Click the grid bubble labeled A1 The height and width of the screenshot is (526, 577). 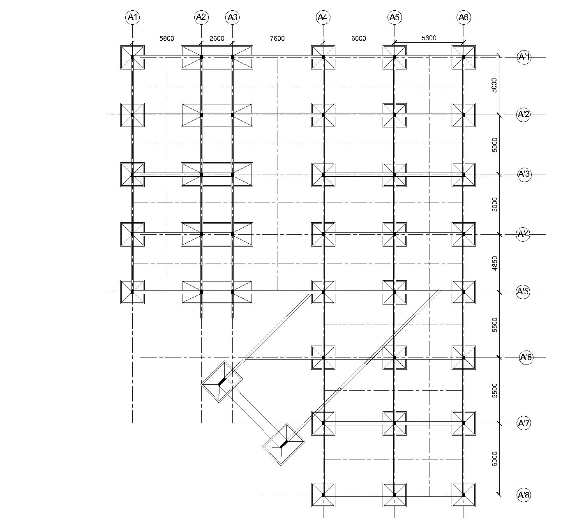pos(133,17)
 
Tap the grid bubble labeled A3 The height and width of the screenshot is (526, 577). pos(232,17)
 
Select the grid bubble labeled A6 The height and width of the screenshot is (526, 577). pos(463,17)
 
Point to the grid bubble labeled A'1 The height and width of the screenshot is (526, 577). pos(524,57)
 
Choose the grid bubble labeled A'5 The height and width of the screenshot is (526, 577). pos(523,292)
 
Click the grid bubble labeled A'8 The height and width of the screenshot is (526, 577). pos(523,495)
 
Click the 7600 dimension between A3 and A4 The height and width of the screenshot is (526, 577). pos(277,39)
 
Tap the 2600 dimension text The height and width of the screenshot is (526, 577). pos(217,39)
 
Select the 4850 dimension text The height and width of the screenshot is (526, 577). pos(494,263)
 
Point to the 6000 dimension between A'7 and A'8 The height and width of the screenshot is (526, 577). pos(494,459)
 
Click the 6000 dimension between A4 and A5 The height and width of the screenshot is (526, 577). pos(358,39)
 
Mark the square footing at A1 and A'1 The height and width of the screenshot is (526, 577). pos(132,57)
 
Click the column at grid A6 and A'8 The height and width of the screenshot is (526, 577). pos(464,495)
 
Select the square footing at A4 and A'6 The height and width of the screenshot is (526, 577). pos(323,358)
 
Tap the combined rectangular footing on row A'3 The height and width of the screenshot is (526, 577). pos(217,175)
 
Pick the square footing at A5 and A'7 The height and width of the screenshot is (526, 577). pos(395,423)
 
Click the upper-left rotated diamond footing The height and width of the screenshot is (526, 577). pos(222,381)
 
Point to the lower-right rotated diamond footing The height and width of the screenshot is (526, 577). pos(284,444)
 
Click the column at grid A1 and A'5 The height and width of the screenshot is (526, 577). pos(132,292)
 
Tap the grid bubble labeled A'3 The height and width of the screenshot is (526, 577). pos(524,174)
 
